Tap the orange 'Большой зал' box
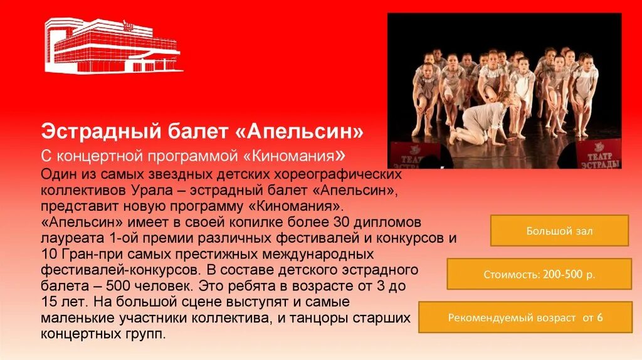559,231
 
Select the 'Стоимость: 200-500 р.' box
539,274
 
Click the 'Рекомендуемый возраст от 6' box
525,317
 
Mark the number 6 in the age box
599,317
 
